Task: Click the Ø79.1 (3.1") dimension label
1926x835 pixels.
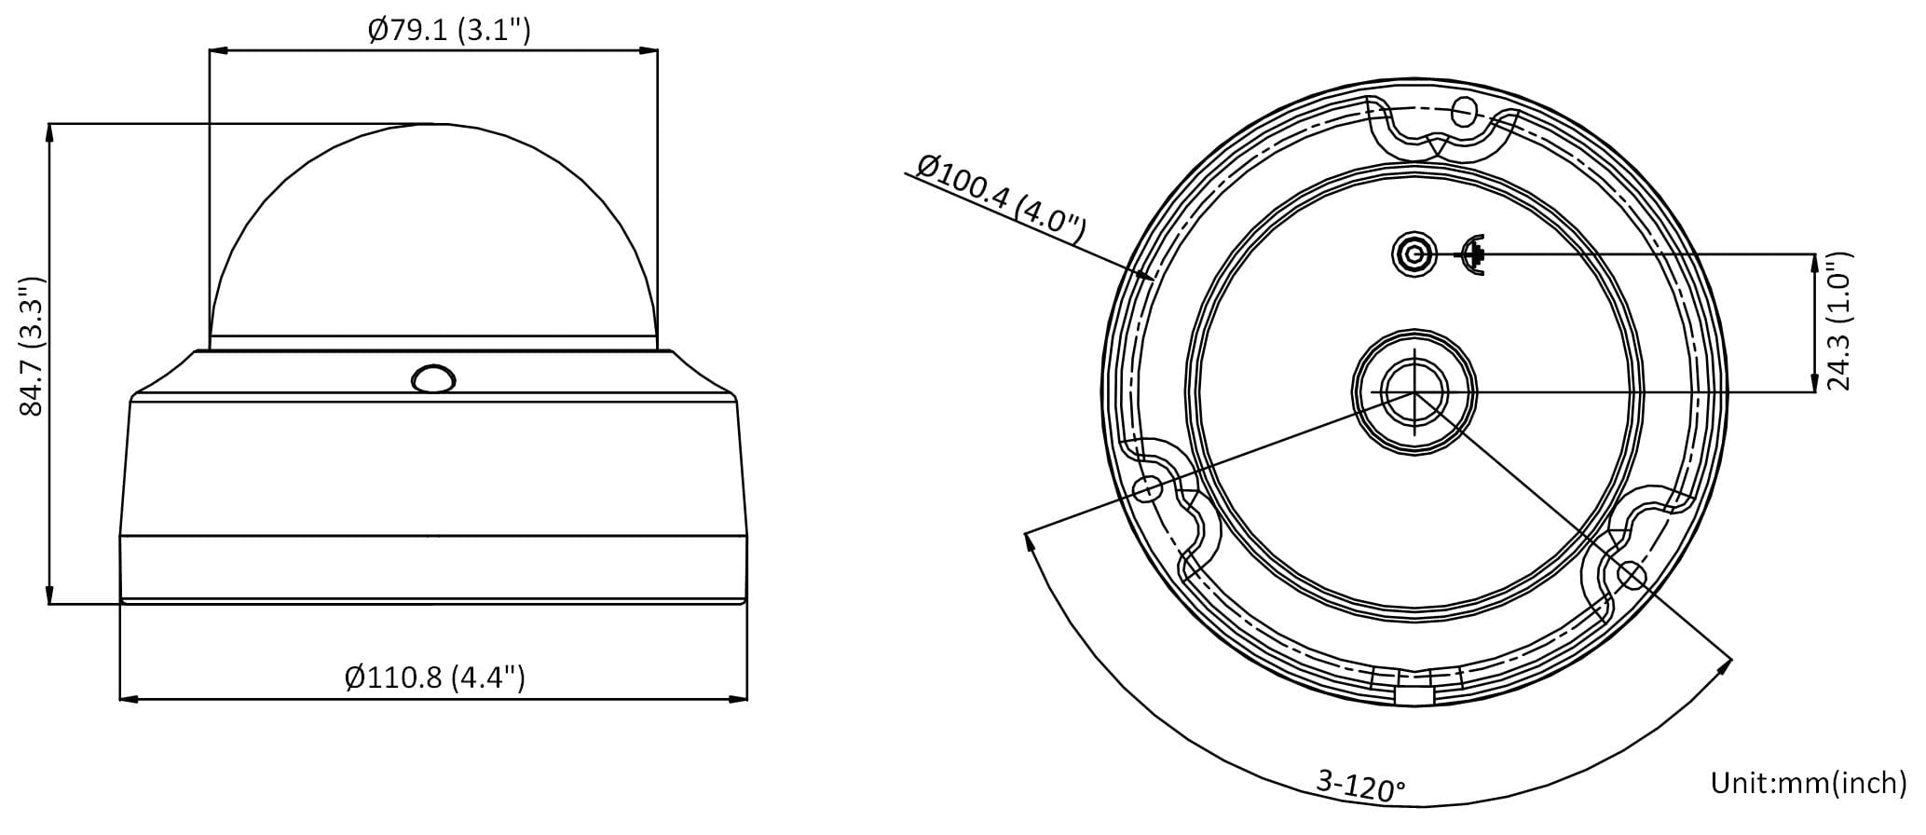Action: tap(449, 31)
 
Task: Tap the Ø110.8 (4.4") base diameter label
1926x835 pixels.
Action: tap(435, 677)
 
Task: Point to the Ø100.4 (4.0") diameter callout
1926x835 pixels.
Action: tap(1002, 198)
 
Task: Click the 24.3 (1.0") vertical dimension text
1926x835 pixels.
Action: tap(1838, 321)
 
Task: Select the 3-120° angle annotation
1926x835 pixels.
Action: tap(1360, 787)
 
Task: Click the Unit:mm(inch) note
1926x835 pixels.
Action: tap(1809, 783)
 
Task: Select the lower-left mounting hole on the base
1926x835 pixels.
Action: tap(1148, 487)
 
